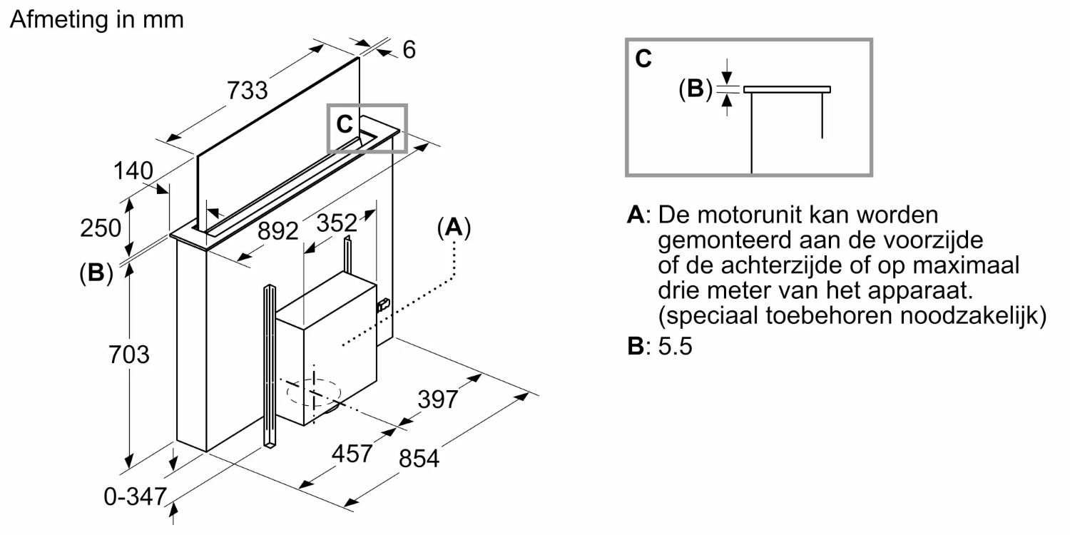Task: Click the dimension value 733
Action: [248, 91]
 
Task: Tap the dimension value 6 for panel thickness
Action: [409, 50]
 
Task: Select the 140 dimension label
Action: [133, 171]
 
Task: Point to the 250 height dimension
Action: [101, 228]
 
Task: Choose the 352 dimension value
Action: [335, 223]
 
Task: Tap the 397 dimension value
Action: [437, 399]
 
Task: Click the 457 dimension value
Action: [352, 454]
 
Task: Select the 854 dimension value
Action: [419, 458]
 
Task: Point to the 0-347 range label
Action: [136, 496]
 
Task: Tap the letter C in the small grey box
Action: [345, 124]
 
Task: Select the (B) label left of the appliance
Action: [96, 274]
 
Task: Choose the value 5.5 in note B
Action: [675, 347]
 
